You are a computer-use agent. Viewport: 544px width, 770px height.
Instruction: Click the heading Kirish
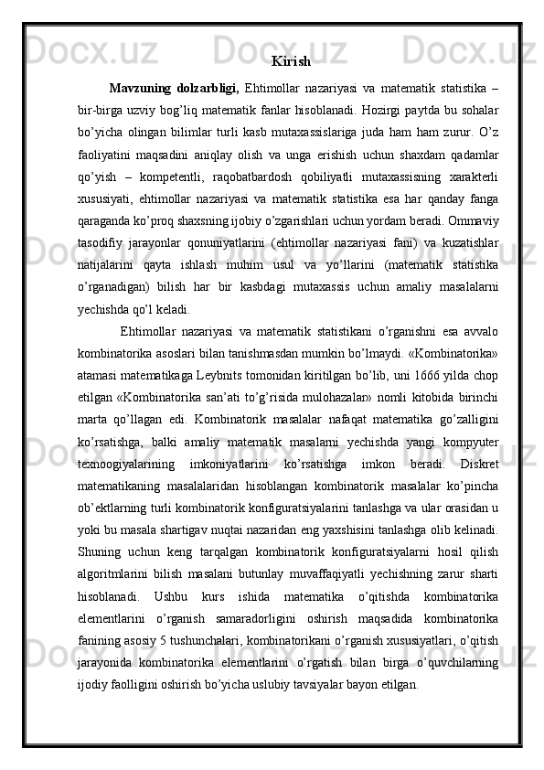[x=291, y=62]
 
